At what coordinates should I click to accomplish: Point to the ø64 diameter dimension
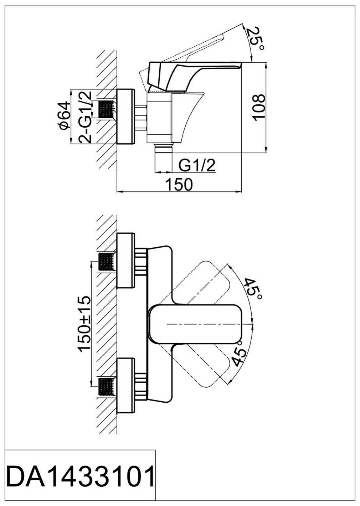pyautogui.click(x=63, y=116)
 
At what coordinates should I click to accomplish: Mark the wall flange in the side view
pyautogui.click(x=126, y=116)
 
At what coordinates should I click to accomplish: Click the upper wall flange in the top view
pyautogui.click(x=125, y=260)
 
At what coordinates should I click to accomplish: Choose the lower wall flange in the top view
pyautogui.click(x=125, y=386)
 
